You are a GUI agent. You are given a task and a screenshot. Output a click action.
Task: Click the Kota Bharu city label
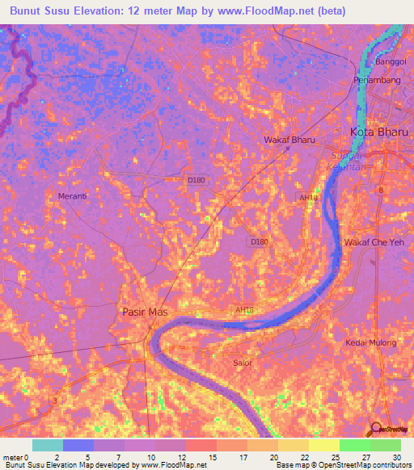pyautogui.click(x=378, y=132)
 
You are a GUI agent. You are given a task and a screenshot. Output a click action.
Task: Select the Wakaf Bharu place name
pyautogui.click(x=289, y=140)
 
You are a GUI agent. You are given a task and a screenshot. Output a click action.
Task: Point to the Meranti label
pyautogui.click(x=73, y=196)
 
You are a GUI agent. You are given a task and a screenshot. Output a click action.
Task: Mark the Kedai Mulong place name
pyautogui.click(x=371, y=342)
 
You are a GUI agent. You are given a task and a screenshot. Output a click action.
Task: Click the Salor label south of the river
pyautogui.click(x=243, y=363)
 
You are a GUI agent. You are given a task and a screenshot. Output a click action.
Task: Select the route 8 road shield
pyautogui.click(x=379, y=189)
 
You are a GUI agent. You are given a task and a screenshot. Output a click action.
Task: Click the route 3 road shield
pyautogui.click(x=54, y=401)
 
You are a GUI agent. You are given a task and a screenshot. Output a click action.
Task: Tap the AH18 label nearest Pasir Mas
pyautogui.click(x=245, y=309)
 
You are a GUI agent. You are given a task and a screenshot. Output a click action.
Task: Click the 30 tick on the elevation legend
pyautogui.click(x=396, y=457)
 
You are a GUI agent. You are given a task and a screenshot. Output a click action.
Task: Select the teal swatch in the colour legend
pyautogui.click(x=48, y=445)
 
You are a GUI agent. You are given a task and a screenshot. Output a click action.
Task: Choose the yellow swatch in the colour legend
pyautogui.click(x=323, y=445)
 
